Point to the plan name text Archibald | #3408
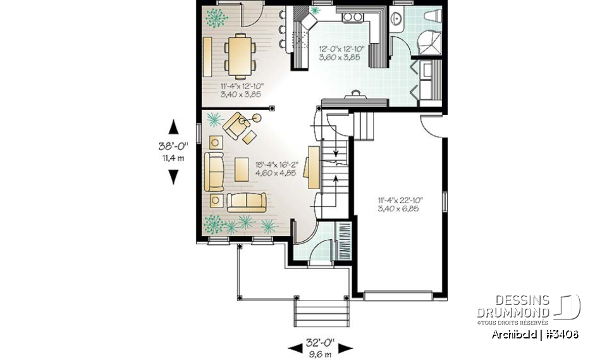click(535, 334)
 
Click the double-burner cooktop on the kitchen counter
click(352, 17)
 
